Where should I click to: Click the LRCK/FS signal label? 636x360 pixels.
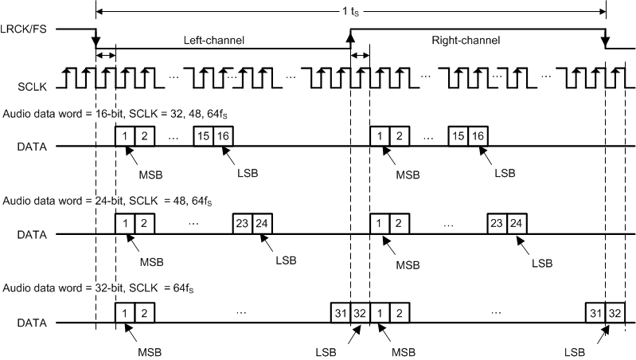coord(29,29)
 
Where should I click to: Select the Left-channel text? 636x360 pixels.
coord(213,40)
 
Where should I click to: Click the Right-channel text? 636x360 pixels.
coord(466,40)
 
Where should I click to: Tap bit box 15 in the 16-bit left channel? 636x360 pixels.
coord(204,136)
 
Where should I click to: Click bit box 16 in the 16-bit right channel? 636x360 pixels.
coord(478,136)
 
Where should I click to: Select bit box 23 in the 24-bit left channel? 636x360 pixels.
coord(243,224)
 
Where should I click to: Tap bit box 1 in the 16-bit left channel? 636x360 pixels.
coord(125,136)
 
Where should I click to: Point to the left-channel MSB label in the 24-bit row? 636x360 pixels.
coord(151,260)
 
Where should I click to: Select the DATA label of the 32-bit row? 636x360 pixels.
coord(33,323)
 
